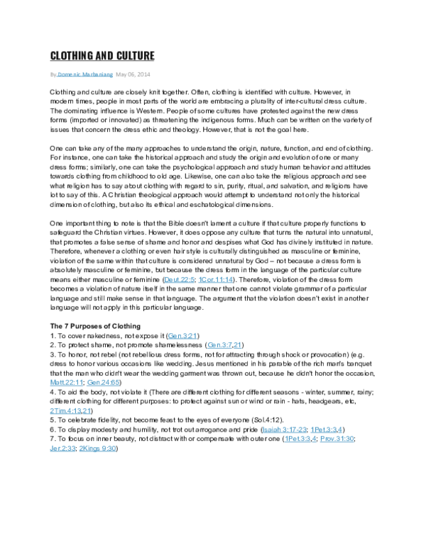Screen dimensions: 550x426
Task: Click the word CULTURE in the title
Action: [130, 56]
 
